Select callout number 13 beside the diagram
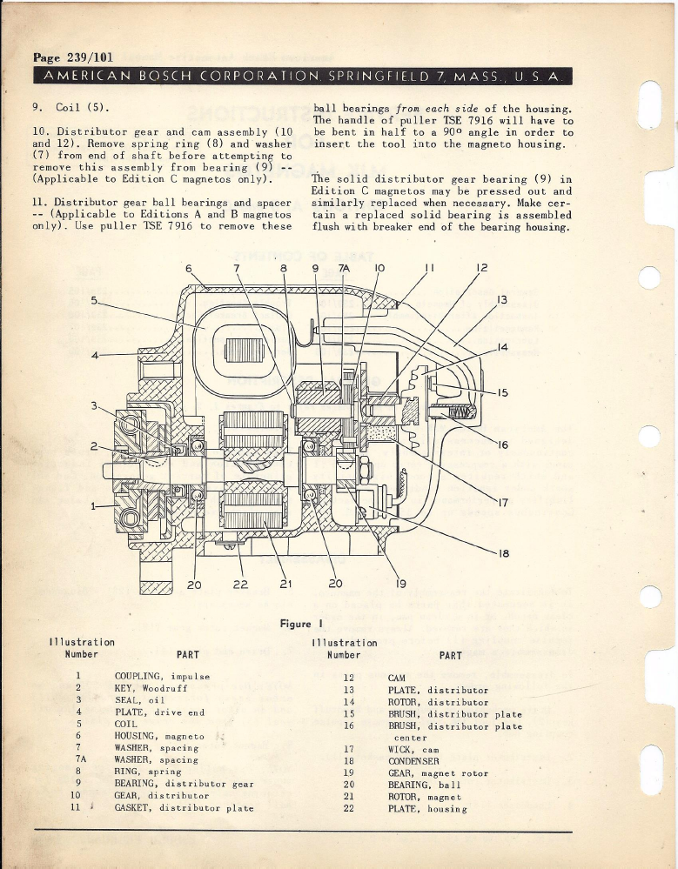pyautogui.click(x=501, y=300)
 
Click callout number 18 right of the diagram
pyautogui.click(x=503, y=552)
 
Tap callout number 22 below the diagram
pyautogui.click(x=241, y=584)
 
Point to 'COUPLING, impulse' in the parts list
pyautogui.click(x=162, y=676)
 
